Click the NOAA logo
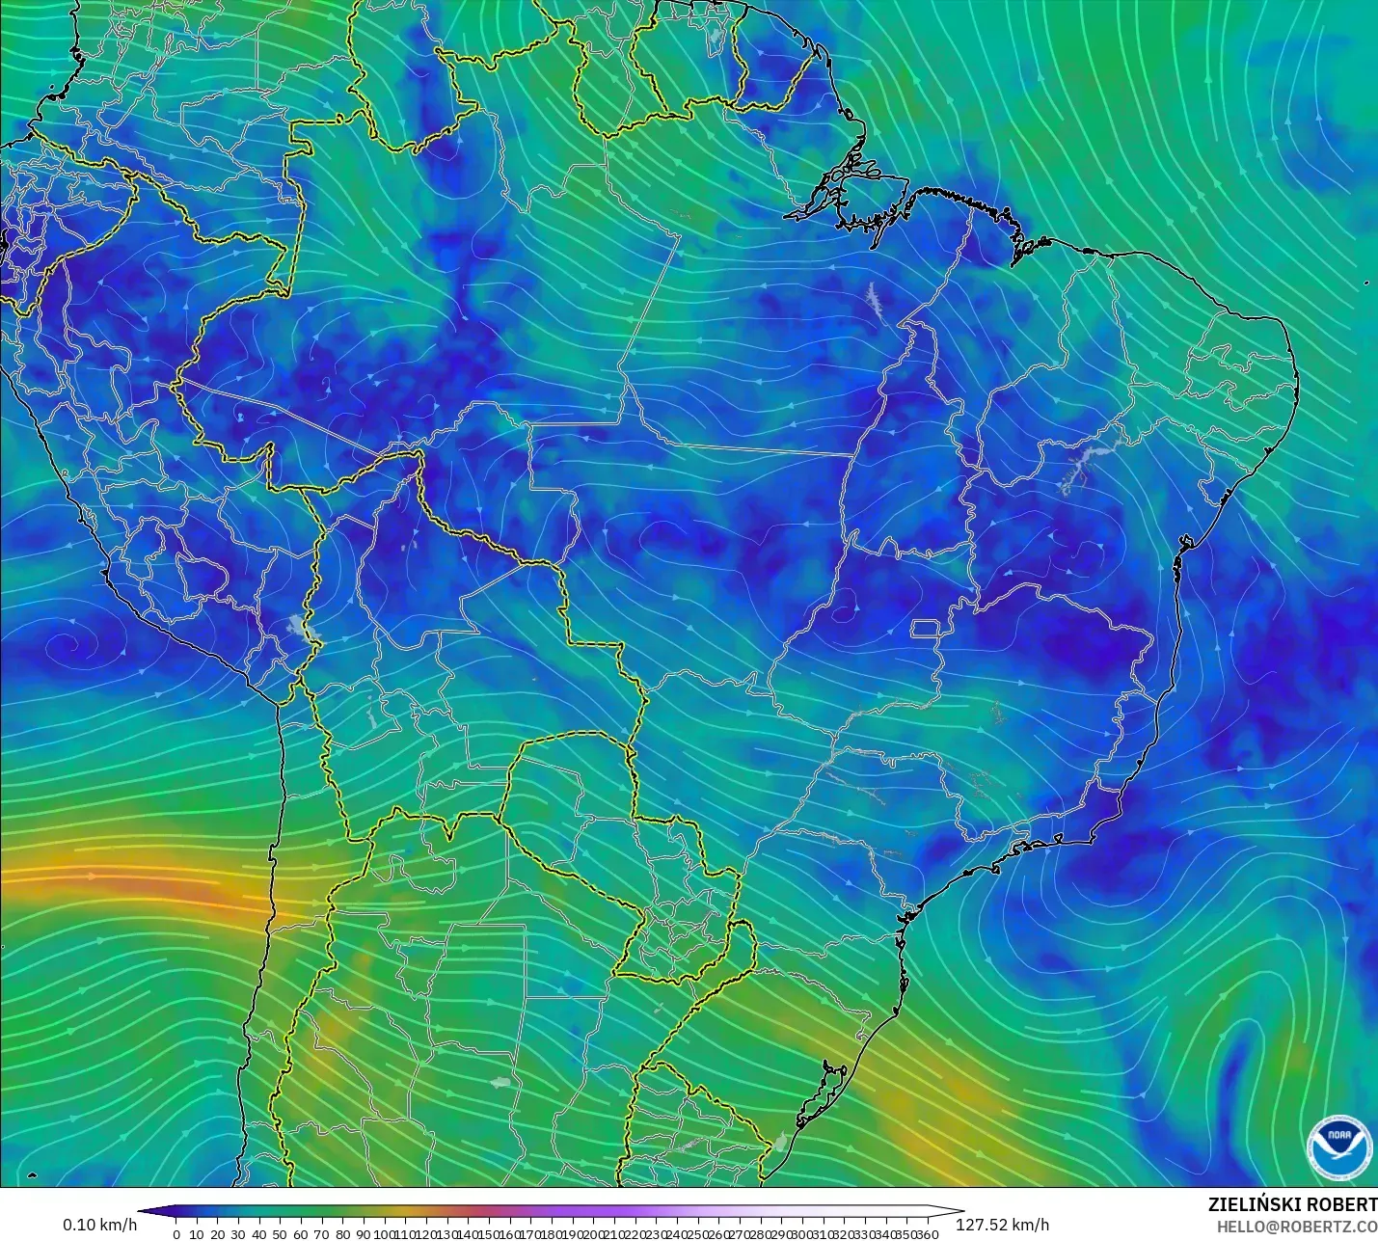[1339, 1145]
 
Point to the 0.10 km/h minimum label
[99, 1225]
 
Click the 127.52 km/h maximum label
[1002, 1225]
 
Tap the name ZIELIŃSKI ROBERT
[1292, 1205]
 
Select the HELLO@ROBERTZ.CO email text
[1296, 1227]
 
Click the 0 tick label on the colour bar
[176, 1234]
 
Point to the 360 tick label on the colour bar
[927, 1234]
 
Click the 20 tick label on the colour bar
[217, 1234]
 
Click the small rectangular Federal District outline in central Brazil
[926, 630]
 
